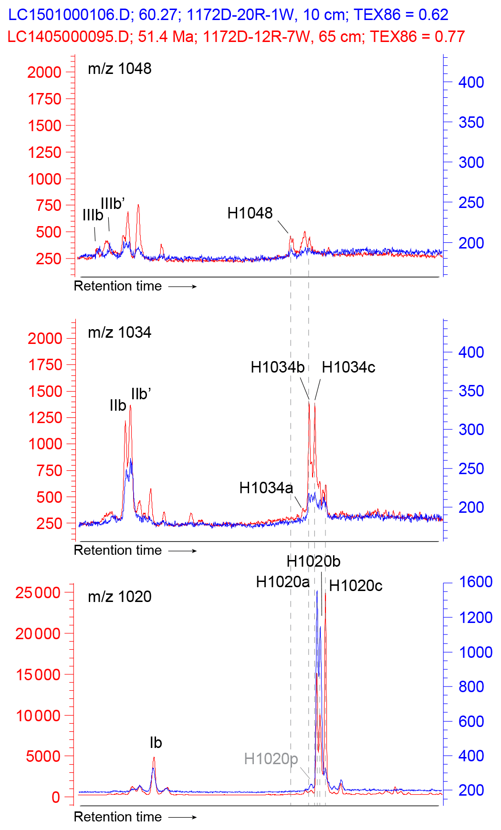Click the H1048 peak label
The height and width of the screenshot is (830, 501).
(x=250, y=213)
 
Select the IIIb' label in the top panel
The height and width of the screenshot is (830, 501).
(x=113, y=204)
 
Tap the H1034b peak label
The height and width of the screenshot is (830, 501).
(x=277, y=367)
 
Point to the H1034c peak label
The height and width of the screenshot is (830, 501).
(x=348, y=367)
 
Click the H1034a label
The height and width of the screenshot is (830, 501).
(x=266, y=488)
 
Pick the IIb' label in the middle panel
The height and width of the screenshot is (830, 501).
(x=141, y=394)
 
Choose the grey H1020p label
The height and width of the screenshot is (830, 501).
(x=271, y=758)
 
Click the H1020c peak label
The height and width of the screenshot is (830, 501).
(x=355, y=586)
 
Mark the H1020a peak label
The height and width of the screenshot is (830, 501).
(x=282, y=582)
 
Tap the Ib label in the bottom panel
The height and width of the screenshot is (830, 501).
(x=156, y=743)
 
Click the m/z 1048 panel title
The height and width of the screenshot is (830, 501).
(x=119, y=69)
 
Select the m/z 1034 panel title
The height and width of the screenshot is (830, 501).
(x=119, y=332)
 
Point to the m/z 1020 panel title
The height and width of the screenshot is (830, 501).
(x=119, y=597)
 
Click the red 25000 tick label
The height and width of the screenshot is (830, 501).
(x=38, y=593)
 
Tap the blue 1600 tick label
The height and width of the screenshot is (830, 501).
(x=475, y=582)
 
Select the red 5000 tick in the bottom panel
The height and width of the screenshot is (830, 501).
(x=43, y=756)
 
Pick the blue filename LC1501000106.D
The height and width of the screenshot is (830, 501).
(x=69, y=15)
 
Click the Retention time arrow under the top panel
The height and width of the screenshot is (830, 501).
(x=183, y=287)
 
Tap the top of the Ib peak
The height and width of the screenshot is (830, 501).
(x=154, y=757)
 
